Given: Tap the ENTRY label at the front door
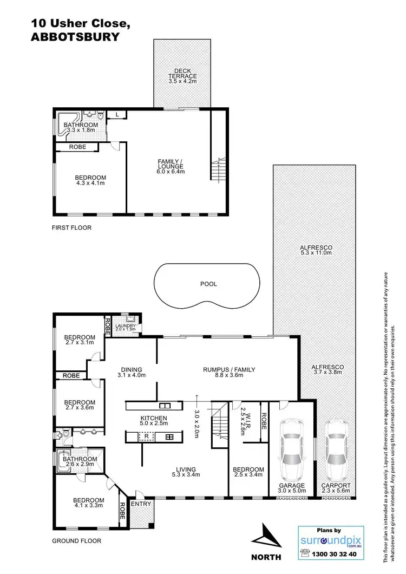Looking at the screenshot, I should pyautogui.click(x=139, y=504).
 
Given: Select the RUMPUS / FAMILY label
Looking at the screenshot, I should pyautogui.click(x=229, y=370).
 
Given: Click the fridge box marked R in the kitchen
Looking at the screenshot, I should pyautogui.click(x=146, y=436).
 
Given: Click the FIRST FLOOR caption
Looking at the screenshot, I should pyautogui.click(x=71, y=228).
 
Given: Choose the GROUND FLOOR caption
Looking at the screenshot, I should pyautogui.click(x=76, y=540).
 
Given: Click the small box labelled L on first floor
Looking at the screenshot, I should pyautogui.click(x=117, y=114).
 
